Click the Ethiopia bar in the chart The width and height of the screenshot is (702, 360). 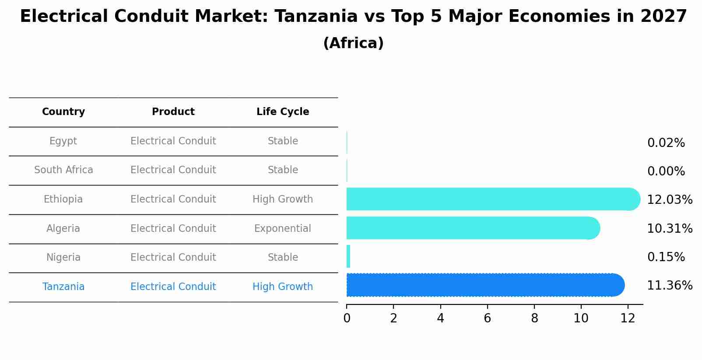493,199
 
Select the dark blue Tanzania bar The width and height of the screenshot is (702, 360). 485,285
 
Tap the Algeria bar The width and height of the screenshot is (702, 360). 473,228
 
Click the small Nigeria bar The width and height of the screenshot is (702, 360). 348,257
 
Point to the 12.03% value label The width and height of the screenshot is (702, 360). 670,199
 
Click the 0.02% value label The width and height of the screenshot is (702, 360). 666,143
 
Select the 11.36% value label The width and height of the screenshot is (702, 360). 670,286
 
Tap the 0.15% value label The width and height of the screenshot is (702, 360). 666,257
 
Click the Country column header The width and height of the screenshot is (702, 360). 63,112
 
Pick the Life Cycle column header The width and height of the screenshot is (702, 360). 283,112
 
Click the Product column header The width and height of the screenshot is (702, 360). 173,112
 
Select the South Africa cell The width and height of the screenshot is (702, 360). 63,170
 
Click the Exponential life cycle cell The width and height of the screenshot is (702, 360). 283,228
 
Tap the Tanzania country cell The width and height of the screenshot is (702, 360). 63,287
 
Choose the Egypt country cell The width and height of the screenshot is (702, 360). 63,141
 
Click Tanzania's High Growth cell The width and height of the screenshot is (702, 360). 283,287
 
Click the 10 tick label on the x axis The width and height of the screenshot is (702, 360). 581,318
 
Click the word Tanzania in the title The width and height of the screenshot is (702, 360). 316,16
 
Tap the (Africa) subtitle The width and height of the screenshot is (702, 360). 354,43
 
